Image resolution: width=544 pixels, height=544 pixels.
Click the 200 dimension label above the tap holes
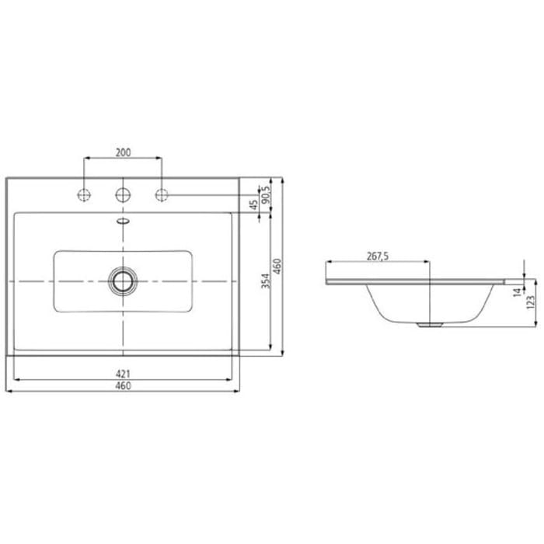[x=123, y=152]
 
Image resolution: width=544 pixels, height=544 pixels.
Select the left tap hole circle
[x=83, y=194]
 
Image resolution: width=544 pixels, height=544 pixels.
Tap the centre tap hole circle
[x=123, y=194]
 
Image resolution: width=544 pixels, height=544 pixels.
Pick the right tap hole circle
[x=162, y=194]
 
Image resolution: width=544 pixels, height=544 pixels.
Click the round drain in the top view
[x=123, y=280]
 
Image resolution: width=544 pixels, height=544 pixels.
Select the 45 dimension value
[x=253, y=204]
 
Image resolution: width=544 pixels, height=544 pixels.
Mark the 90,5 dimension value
[x=267, y=194]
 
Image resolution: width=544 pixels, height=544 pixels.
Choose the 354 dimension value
[x=266, y=281]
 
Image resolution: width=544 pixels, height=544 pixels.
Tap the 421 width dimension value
[x=123, y=375]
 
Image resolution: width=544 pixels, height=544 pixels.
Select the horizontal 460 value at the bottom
[x=123, y=385]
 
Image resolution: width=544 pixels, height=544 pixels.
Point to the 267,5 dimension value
[x=378, y=256]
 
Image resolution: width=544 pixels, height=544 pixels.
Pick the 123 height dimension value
[x=532, y=301]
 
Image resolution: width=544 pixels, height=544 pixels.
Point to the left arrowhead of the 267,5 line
[x=329, y=263]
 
